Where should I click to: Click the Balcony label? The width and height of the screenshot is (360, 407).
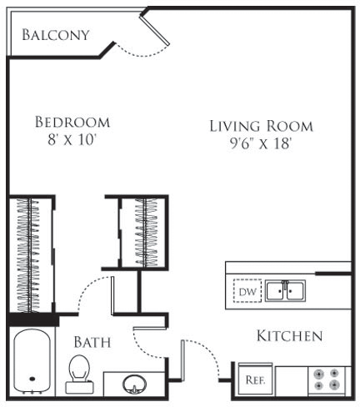coord(55,34)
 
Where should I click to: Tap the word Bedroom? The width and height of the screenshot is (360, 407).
coord(72,123)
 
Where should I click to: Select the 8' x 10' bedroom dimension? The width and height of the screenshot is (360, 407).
coord(72,140)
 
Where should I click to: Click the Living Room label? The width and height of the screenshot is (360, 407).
coord(261,126)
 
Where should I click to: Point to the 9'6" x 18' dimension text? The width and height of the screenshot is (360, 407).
coord(261,143)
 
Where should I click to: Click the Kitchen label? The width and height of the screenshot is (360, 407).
coord(288,336)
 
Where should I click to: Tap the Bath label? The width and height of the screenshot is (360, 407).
coord(92,342)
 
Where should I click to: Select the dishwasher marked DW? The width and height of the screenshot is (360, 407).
coord(246,291)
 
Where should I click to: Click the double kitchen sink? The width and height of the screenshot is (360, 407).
coord(285,291)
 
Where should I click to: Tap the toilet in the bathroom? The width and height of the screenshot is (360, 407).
coord(79,371)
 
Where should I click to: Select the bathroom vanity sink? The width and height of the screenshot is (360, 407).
coord(133,384)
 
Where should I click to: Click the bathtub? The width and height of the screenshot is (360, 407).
coord(33,363)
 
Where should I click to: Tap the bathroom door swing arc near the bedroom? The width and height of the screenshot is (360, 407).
coord(92,292)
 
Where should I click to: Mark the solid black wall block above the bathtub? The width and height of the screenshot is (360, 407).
coord(32,319)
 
